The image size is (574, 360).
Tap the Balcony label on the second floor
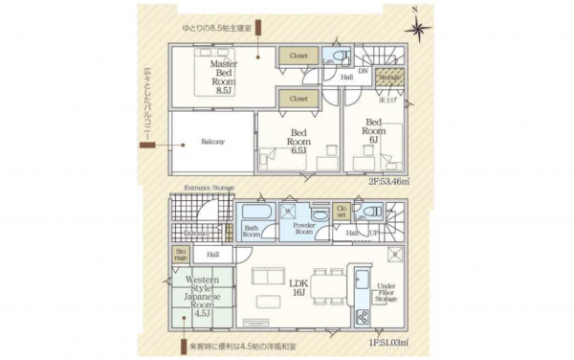point(212,142)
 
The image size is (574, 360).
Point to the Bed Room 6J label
point(373,130)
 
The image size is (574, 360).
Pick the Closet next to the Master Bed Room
point(298,57)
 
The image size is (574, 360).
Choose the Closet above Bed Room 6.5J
point(298,99)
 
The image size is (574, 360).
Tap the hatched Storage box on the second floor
point(388,77)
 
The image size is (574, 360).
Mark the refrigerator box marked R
point(394,254)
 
